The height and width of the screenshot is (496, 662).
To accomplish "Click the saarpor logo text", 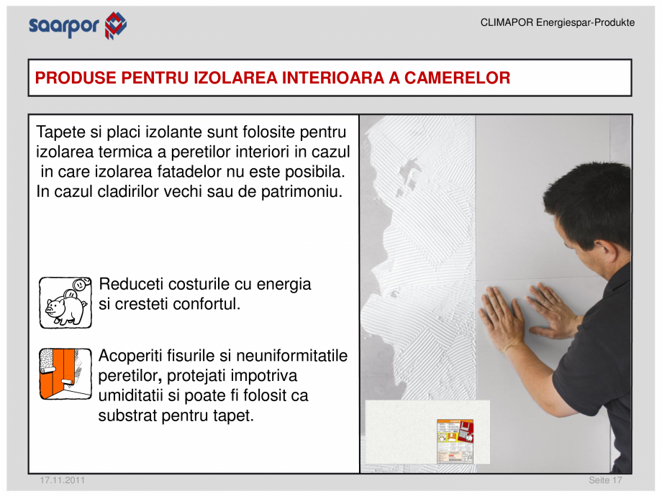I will [65, 26].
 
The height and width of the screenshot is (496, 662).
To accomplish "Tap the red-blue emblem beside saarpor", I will [115, 25].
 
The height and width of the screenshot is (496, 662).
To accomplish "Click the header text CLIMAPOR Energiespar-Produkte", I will [557, 23].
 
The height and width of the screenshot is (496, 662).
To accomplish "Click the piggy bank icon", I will [65, 303].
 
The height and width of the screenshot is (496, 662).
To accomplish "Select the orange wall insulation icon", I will [65, 374].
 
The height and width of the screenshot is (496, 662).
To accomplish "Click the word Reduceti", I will [132, 285].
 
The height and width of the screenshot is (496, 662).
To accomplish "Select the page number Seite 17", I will [605, 480].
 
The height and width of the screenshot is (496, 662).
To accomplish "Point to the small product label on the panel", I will [455, 440].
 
